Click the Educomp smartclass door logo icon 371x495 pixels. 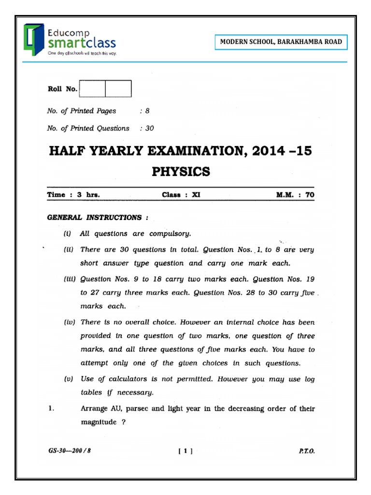point(34,39)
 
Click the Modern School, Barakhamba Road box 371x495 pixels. point(281,42)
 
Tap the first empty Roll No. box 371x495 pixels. point(92,89)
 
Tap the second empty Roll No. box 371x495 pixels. point(118,89)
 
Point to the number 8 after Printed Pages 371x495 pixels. point(147,111)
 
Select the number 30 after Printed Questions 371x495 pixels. point(149,129)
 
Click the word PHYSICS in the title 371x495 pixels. point(181,172)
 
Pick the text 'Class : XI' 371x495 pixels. point(181,195)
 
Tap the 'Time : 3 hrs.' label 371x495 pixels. point(73,195)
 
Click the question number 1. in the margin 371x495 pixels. point(51,409)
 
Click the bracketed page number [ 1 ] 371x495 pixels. point(185,451)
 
